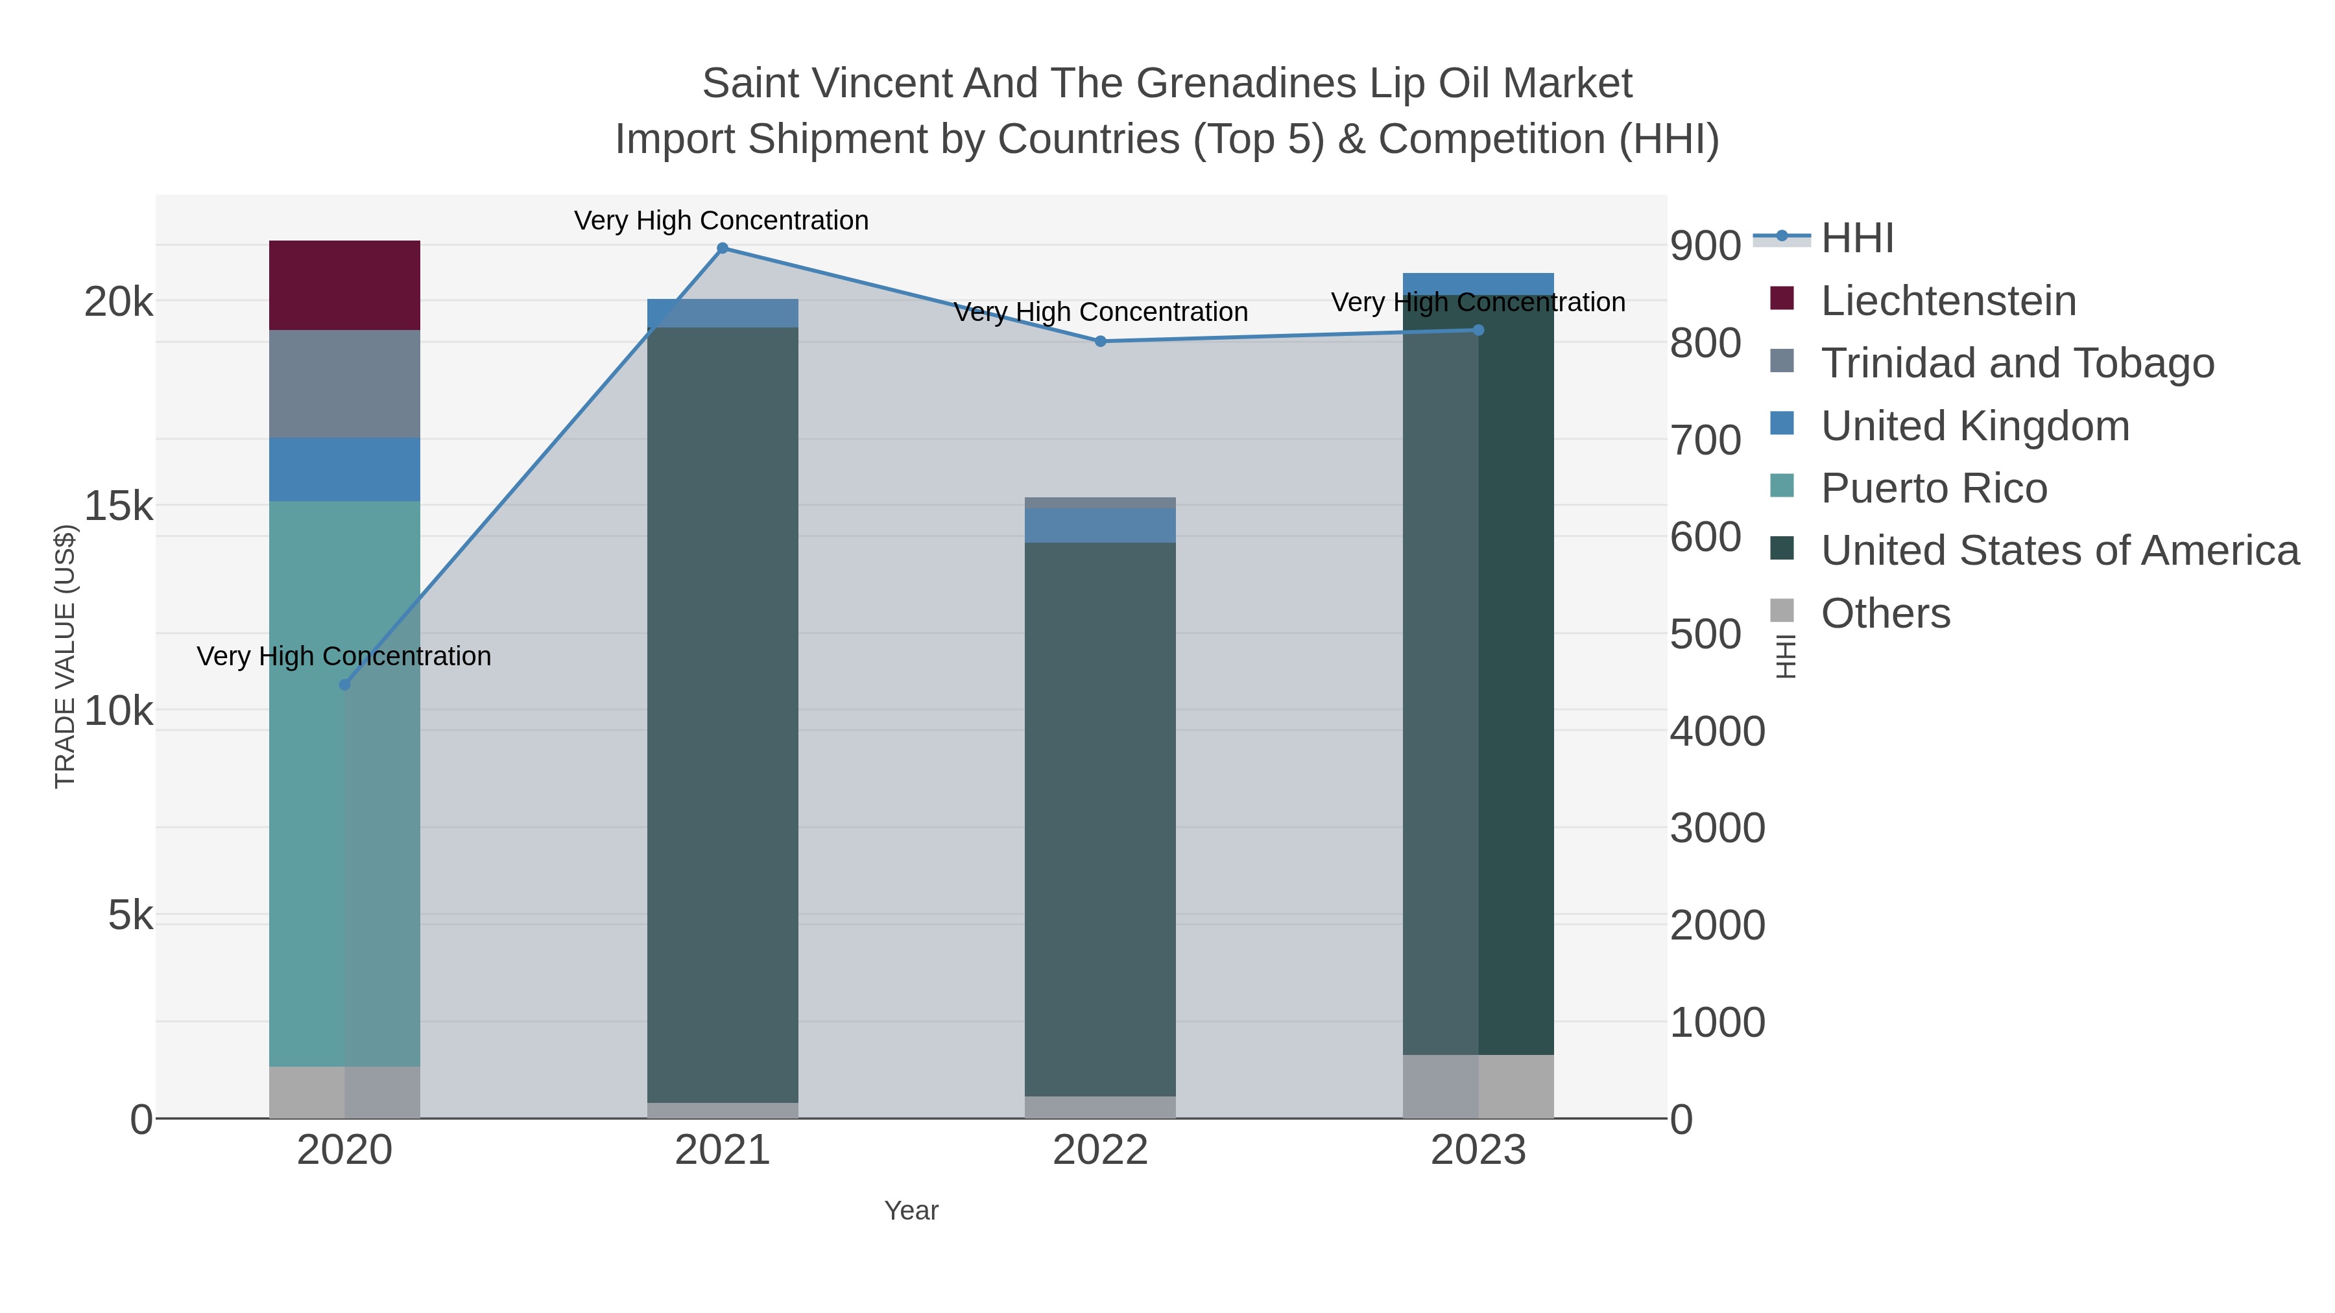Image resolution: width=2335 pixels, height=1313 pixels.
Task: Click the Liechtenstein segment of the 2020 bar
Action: click(x=344, y=285)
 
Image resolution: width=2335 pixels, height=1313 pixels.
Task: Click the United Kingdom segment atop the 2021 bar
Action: click(x=723, y=313)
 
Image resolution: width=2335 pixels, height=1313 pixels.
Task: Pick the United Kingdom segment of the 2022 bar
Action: click(x=1099, y=526)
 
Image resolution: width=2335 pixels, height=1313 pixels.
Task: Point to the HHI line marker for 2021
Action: click(x=723, y=248)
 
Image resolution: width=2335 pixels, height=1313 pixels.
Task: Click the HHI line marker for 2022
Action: click(x=1099, y=342)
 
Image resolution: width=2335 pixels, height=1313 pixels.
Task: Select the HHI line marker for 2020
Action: click(x=344, y=685)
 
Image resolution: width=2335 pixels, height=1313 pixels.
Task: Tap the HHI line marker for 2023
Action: click(x=1478, y=330)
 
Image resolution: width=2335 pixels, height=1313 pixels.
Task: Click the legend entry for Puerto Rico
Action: click(x=1934, y=488)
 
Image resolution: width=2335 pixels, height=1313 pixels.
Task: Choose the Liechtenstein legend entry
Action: click(x=1947, y=301)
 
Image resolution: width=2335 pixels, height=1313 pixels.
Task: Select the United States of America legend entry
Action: click(x=2057, y=551)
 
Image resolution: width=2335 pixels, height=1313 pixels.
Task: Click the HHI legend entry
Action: click(x=1856, y=239)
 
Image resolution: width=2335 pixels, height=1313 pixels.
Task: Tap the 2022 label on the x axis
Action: click(x=1099, y=1151)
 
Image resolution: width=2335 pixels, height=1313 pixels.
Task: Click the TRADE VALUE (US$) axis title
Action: click(x=66, y=656)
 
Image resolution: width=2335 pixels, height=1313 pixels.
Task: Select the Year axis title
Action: click(x=911, y=1211)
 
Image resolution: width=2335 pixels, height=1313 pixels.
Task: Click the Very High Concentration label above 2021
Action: click(x=721, y=220)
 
